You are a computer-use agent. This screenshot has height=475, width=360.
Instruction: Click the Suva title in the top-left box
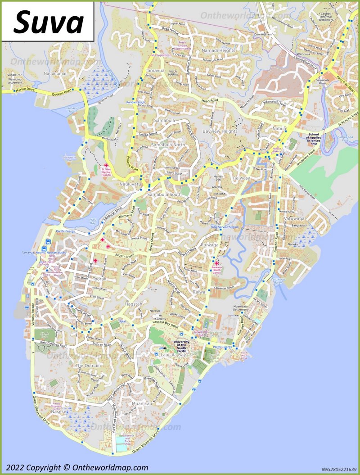48,22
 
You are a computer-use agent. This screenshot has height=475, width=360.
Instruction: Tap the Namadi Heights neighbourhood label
218,50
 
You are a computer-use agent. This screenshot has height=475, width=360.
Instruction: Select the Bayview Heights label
220,131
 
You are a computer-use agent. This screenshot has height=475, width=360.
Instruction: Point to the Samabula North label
167,145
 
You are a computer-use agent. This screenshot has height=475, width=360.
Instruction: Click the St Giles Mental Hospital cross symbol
106,166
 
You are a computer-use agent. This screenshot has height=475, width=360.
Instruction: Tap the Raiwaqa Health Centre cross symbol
217,263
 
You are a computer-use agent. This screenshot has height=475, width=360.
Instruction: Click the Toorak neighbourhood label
99,279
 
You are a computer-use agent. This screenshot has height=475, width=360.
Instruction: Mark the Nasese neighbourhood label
58,412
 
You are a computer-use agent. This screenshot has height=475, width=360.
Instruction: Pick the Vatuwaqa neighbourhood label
295,218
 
